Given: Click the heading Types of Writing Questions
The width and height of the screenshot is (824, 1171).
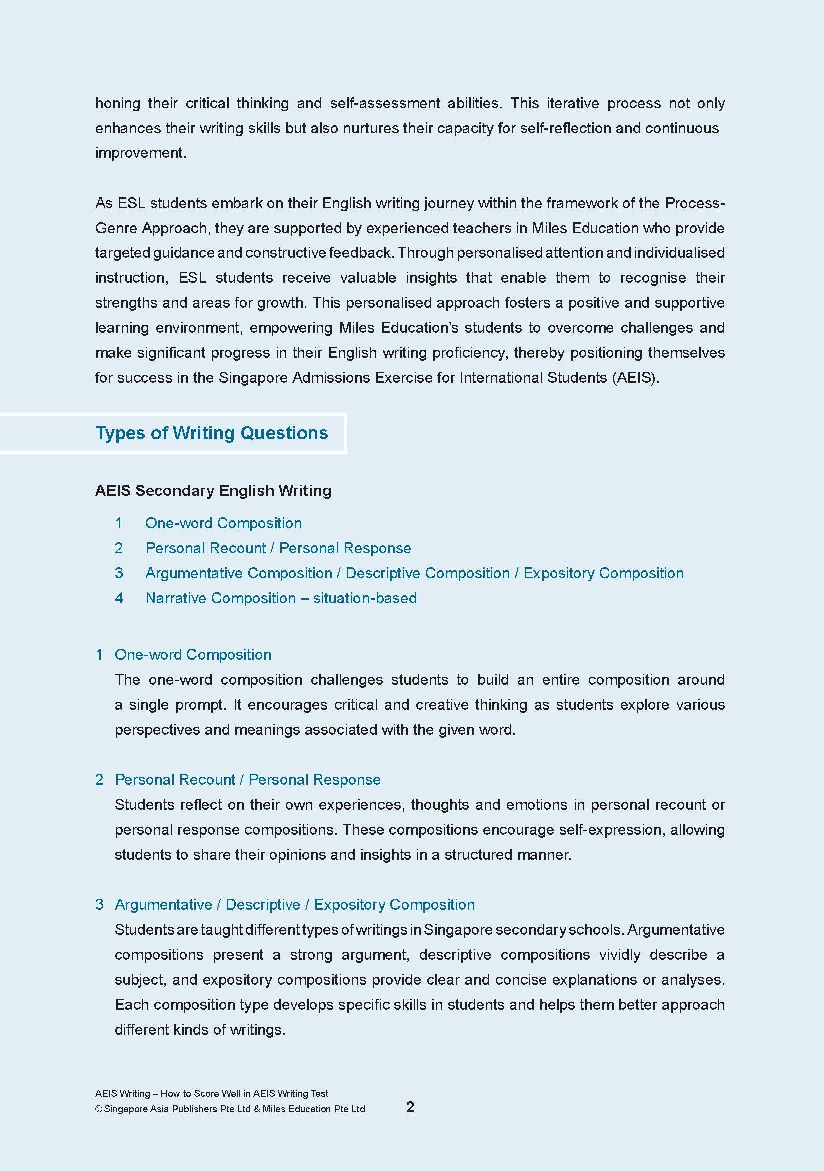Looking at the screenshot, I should pos(211,433).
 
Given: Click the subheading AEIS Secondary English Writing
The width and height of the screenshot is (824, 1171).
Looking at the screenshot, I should pos(213,490).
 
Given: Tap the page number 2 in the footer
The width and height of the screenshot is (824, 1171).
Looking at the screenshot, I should pos(410,1106).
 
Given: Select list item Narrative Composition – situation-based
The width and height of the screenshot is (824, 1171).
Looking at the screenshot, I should pos(281,598).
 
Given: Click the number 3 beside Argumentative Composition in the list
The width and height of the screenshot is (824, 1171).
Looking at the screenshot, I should pos(119,573).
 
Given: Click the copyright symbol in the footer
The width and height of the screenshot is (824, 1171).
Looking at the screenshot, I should pos(99,1109).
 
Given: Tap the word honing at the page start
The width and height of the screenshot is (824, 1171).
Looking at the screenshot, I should pos(118,103).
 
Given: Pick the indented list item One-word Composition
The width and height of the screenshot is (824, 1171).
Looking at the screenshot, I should pos(223,523).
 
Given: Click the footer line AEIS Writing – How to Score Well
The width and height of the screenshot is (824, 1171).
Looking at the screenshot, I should pos(211,1093).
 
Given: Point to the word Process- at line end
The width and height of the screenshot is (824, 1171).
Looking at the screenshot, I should pos(695,203).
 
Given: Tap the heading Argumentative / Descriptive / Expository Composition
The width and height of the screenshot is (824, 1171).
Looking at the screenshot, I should pos(294,905).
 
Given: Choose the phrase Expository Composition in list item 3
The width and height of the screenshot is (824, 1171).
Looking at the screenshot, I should pos(603,573).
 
